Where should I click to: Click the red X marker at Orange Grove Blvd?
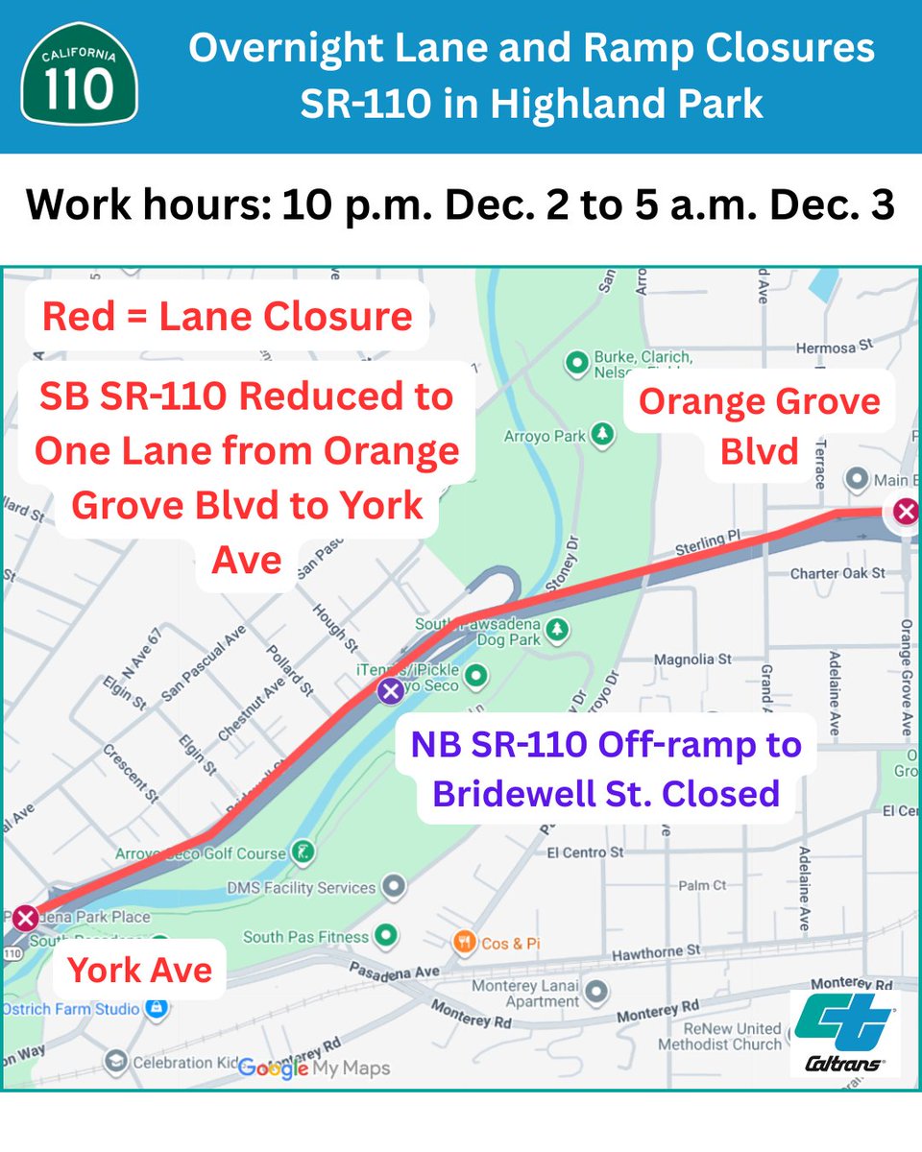pyautogui.click(x=906, y=512)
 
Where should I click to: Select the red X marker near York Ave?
pyautogui.click(x=25, y=918)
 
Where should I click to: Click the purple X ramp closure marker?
pyautogui.click(x=390, y=690)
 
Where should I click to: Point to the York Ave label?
pyautogui.click(x=140, y=970)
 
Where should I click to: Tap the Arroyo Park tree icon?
pyautogui.click(x=602, y=435)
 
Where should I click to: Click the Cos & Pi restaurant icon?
pyautogui.click(x=465, y=942)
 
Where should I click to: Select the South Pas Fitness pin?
pyautogui.click(x=386, y=934)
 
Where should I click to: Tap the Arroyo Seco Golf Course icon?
pyautogui.click(x=303, y=852)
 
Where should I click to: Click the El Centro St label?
pyautogui.click(x=585, y=852)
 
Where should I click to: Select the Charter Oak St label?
pyautogui.click(x=837, y=573)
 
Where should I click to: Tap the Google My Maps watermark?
pyautogui.click(x=313, y=1068)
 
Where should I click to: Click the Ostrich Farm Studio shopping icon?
pyautogui.click(x=155, y=1009)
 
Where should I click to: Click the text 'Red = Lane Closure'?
pyautogui.click(x=228, y=316)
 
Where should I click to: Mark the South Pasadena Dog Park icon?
pyautogui.click(x=556, y=629)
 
